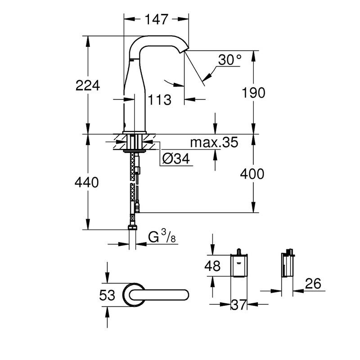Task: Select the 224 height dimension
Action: click(x=88, y=85)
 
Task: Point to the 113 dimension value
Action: click(x=160, y=99)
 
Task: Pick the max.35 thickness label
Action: click(x=213, y=143)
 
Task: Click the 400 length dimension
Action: click(x=252, y=174)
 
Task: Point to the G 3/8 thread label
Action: click(x=162, y=237)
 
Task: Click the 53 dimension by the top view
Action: click(x=107, y=295)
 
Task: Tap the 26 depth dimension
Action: click(x=315, y=283)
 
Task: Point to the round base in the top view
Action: click(x=134, y=295)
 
